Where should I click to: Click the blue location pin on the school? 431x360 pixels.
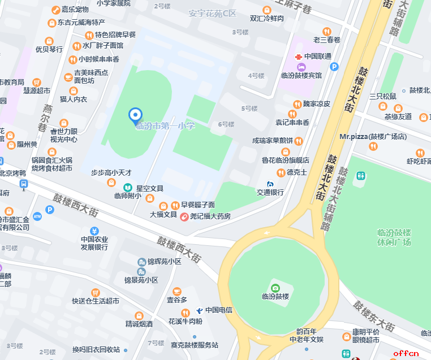pyautogui.click(x=135, y=115)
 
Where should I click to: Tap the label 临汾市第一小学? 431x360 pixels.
pyautogui.click(x=165, y=126)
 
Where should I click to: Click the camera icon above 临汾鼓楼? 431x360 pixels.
pyautogui.click(x=275, y=288)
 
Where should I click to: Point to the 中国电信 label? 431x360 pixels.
pyautogui.click(x=219, y=310)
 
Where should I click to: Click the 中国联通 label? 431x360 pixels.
pyautogui.click(x=318, y=57)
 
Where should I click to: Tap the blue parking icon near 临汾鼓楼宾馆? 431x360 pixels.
pyautogui.click(x=334, y=67)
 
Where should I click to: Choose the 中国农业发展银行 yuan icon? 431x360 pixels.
pyautogui.click(x=94, y=231)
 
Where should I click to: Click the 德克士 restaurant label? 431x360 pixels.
pyautogui.click(x=296, y=172)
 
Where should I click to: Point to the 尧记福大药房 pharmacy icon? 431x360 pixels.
pyautogui.click(x=184, y=216)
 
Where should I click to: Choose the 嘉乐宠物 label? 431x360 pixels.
pyautogui.click(x=75, y=10)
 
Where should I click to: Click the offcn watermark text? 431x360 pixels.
pyautogui.click(x=406, y=353)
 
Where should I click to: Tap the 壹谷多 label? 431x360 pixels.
pyautogui.click(x=176, y=300)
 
